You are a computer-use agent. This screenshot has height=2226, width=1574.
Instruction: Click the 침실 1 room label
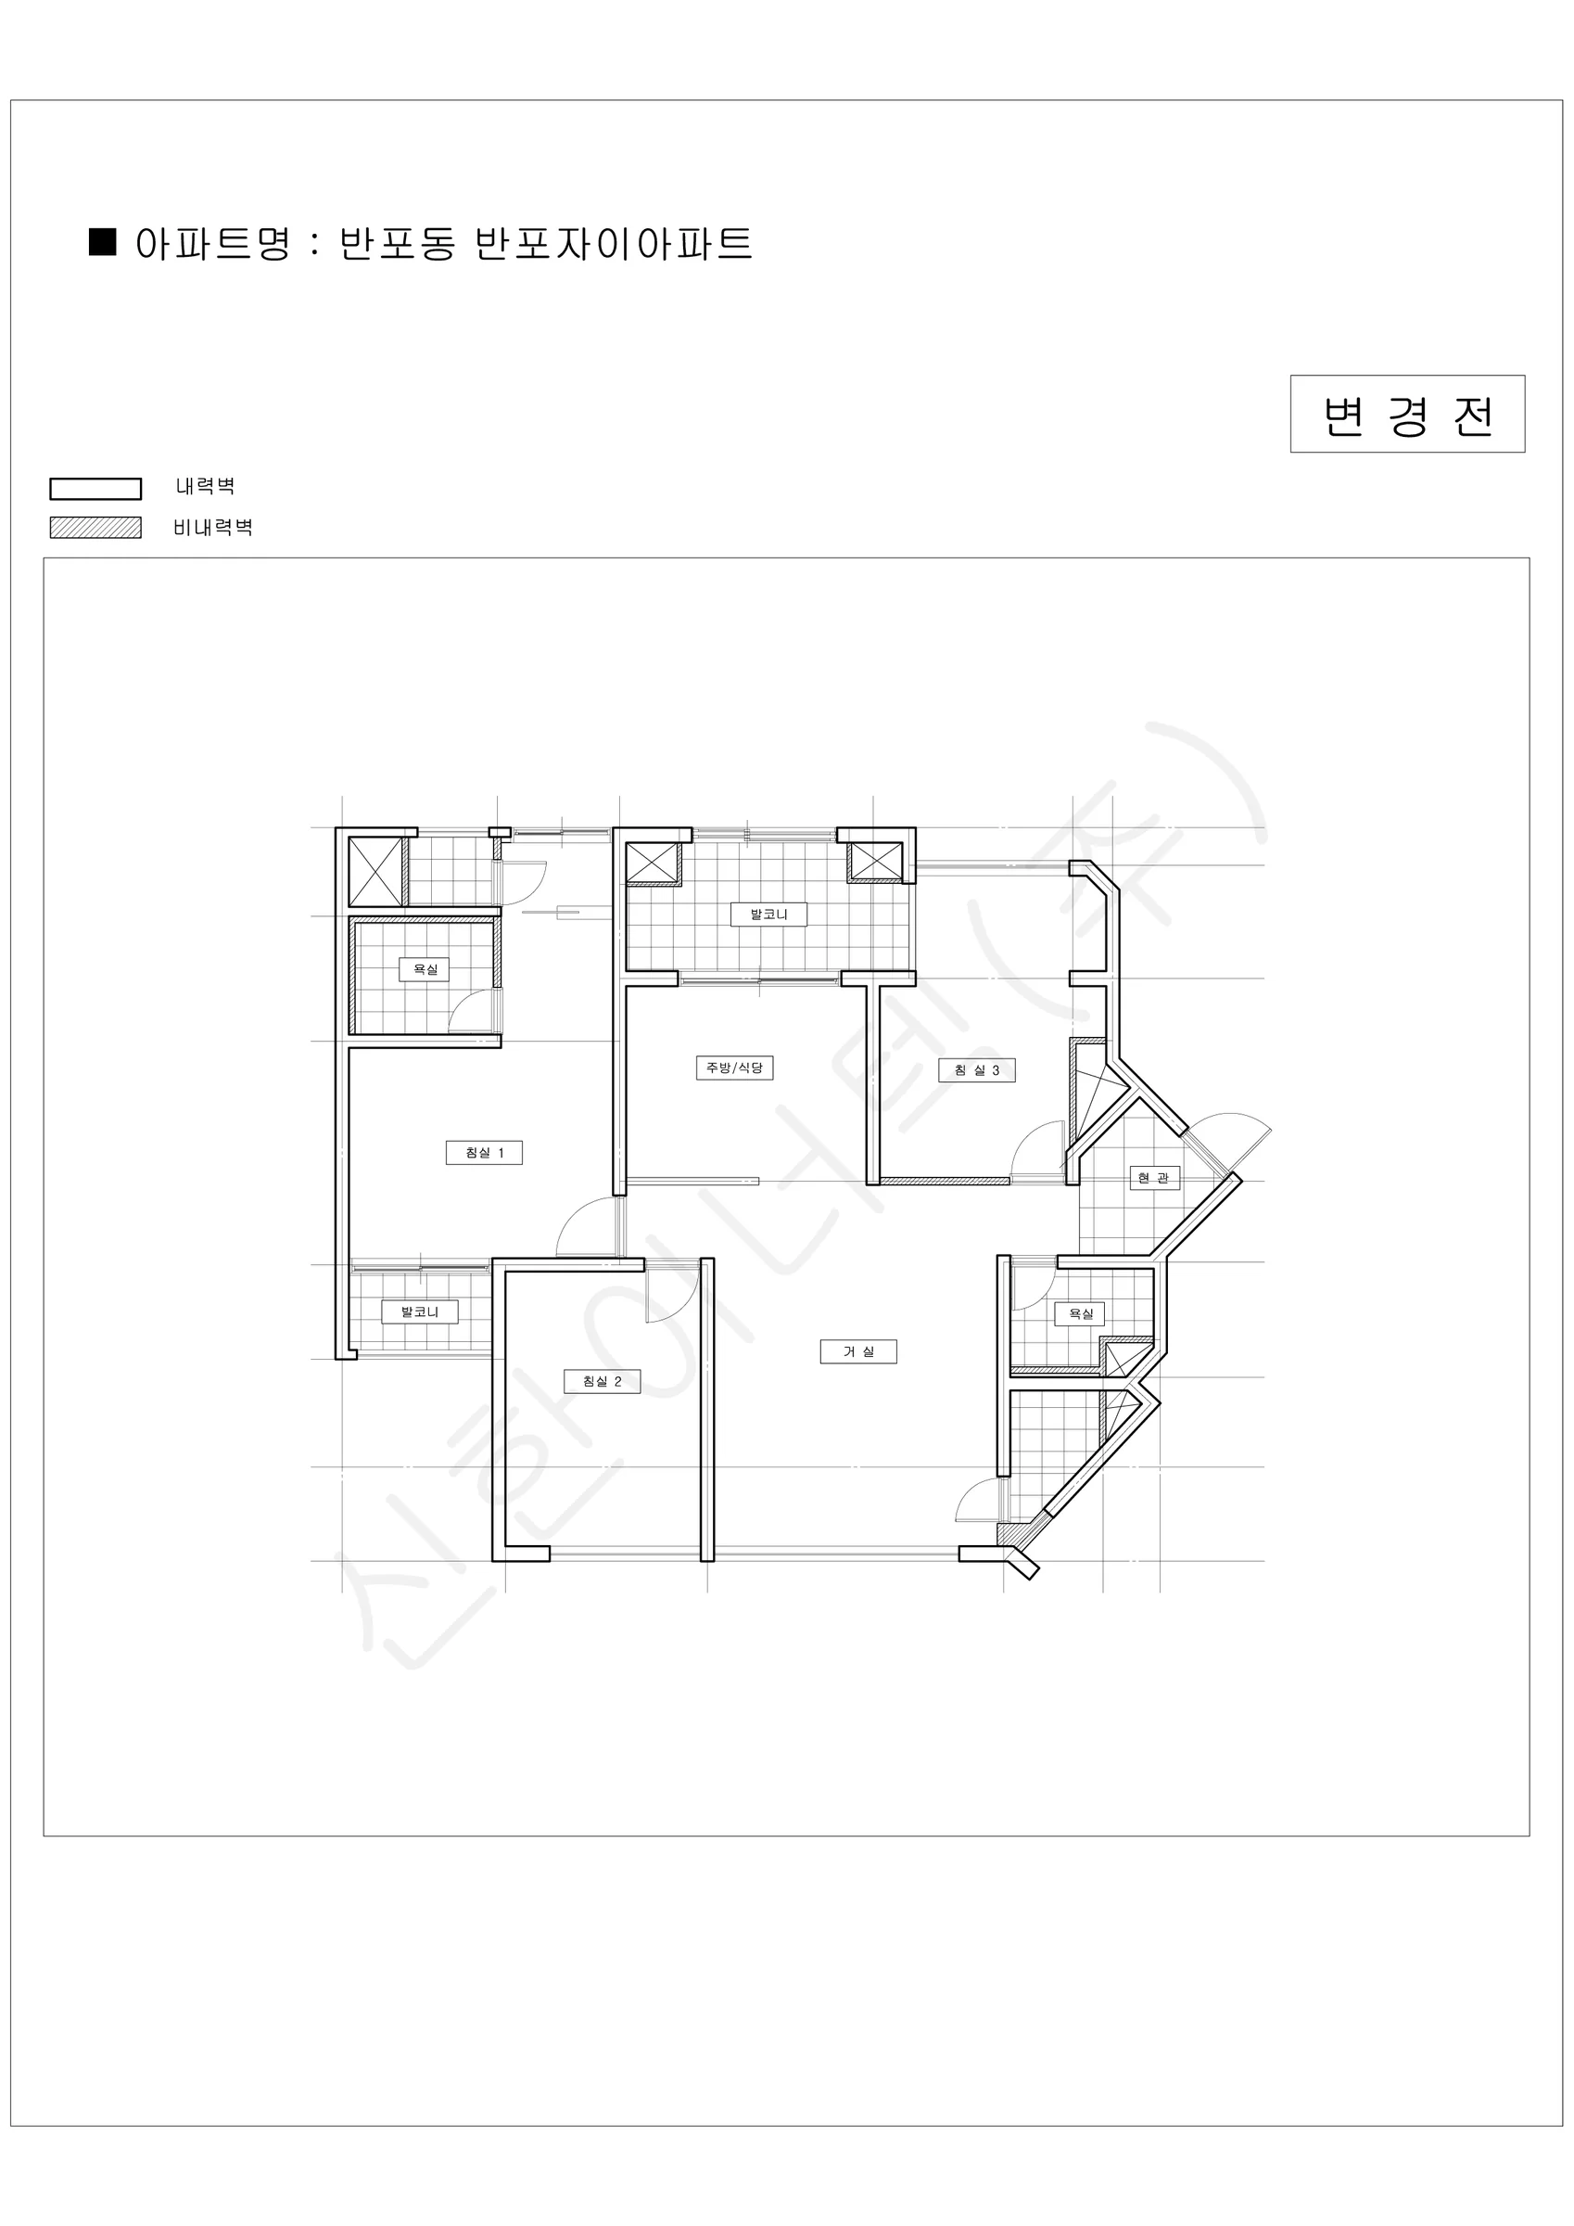(484, 1153)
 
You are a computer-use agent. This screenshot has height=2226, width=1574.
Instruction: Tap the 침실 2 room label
(602, 1382)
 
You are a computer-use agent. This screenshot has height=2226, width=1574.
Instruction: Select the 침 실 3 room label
(977, 1070)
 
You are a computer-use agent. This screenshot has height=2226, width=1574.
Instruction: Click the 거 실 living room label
(858, 1351)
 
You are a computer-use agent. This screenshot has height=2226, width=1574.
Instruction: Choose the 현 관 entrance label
(1154, 1178)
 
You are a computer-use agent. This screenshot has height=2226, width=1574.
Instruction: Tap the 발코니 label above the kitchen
(768, 915)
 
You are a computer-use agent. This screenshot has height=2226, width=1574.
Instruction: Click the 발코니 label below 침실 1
(420, 1311)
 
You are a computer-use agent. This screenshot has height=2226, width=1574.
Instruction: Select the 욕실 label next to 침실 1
(425, 969)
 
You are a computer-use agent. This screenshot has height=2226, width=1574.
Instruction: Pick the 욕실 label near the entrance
(1080, 1313)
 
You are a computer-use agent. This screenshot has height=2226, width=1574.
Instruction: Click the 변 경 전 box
(1407, 414)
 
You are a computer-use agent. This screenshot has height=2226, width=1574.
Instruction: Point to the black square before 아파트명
(103, 241)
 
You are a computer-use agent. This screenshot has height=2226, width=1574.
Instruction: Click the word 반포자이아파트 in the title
(614, 243)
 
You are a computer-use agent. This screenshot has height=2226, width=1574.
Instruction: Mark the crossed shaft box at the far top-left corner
(376, 872)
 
